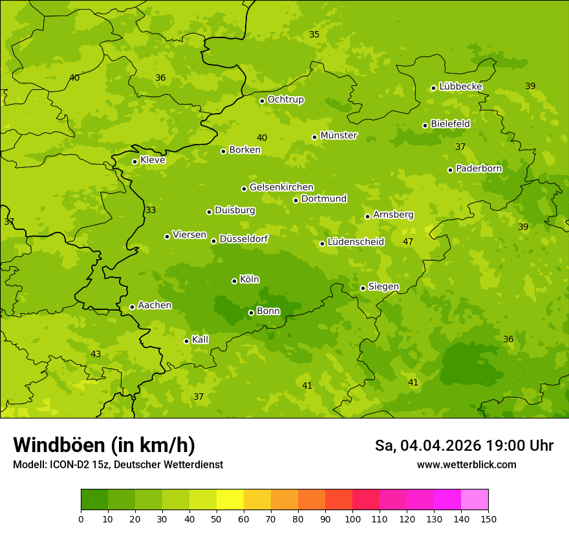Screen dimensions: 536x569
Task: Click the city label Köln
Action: (x=250, y=280)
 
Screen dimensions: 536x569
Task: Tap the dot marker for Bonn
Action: (x=252, y=313)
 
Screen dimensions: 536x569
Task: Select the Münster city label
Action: (x=339, y=136)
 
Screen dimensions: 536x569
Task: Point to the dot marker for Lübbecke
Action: (x=433, y=88)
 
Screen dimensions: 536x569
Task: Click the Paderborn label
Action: (x=478, y=169)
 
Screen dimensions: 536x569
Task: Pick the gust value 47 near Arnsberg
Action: (x=408, y=242)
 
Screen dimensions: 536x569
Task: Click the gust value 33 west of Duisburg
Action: (x=151, y=210)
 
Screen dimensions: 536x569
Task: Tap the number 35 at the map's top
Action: (x=314, y=34)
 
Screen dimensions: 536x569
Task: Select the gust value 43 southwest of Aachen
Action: (x=96, y=354)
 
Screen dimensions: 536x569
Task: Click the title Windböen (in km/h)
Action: (x=104, y=445)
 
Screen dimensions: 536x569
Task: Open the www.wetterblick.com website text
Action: (x=466, y=464)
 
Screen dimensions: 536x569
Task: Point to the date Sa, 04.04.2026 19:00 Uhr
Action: (x=464, y=446)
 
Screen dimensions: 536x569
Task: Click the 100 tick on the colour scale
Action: (x=352, y=518)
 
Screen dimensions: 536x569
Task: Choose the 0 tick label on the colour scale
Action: (x=81, y=518)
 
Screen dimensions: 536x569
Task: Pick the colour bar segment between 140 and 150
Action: (x=475, y=499)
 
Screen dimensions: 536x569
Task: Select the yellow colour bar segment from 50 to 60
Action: (x=230, y=499)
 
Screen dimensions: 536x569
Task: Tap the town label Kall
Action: (x=200, y=340)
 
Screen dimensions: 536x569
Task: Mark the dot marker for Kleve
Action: (x=134, y=161)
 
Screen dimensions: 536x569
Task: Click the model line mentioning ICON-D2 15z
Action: (x=118, y=464)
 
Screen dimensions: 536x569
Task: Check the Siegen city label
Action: (x=383, y=287)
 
